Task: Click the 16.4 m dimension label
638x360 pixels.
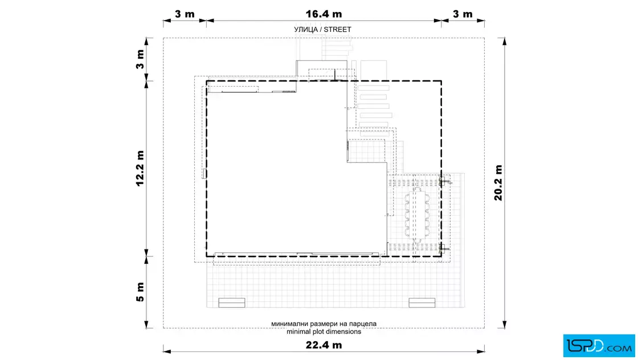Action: (x=324, y=14)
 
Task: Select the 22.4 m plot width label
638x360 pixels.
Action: (x=324, y=345)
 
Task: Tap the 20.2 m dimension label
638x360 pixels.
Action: (x=498, y=183)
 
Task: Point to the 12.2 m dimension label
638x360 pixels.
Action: (x=140, y=169)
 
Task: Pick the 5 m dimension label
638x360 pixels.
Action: (x=140, y=292)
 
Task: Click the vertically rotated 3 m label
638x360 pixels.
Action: (x=140, y=59)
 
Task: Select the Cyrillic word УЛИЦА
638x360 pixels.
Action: (x=306, y=30)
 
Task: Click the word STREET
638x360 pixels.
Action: (x=337, y=30)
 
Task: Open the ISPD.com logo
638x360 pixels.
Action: (x=599, y=346)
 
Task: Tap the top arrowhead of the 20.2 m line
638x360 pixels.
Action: (x=505, y=41)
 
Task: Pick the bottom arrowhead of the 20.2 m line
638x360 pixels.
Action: (x=505, y=325)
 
